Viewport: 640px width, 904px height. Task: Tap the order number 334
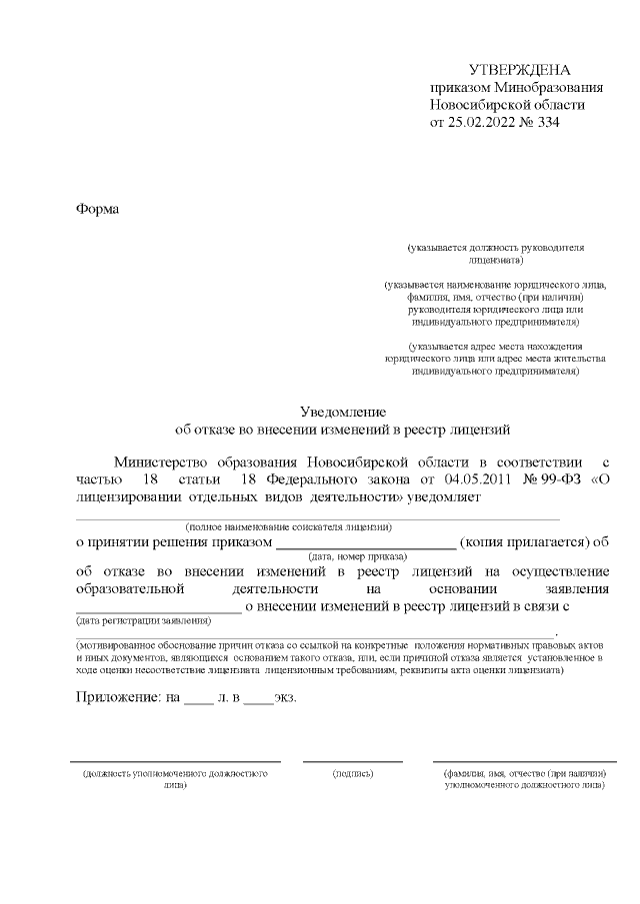click(548, 123)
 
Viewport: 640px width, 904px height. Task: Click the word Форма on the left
click(97, 209)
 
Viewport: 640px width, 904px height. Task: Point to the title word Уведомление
click(343, 412)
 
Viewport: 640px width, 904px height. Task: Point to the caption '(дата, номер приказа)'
click(357, 556)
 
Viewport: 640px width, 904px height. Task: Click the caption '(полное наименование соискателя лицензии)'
click(288, 526)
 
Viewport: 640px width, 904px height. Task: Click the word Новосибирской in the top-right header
click(475, 105)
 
